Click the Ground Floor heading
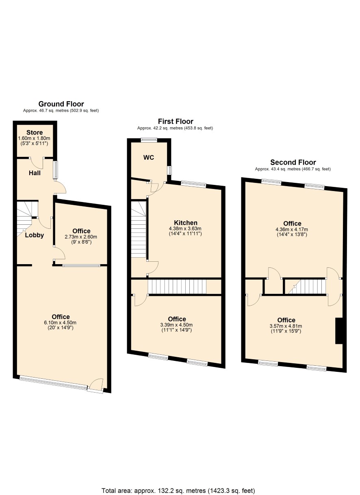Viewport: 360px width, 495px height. [61, 104]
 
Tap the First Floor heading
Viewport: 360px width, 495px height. [176, 122]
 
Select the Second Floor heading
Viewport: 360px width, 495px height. [293, 163]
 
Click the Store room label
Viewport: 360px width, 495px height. [35, 132]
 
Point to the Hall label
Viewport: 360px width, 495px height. [35, 173]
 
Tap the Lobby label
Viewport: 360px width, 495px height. [34, 235]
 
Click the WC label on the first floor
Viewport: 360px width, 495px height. [148, 158]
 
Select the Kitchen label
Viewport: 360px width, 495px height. [186, 223]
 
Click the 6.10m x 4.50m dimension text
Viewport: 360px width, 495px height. [60, 323]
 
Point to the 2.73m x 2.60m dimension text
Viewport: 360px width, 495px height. [81, 237]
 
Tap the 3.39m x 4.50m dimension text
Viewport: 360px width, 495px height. [176, 325]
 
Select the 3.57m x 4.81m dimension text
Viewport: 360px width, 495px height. [286, 326]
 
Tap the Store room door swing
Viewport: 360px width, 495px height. [37, 164]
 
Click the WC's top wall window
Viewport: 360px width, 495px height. [149, 140]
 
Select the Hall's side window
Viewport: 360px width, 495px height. [56, 170]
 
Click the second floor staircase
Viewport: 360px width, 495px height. [307, 287]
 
